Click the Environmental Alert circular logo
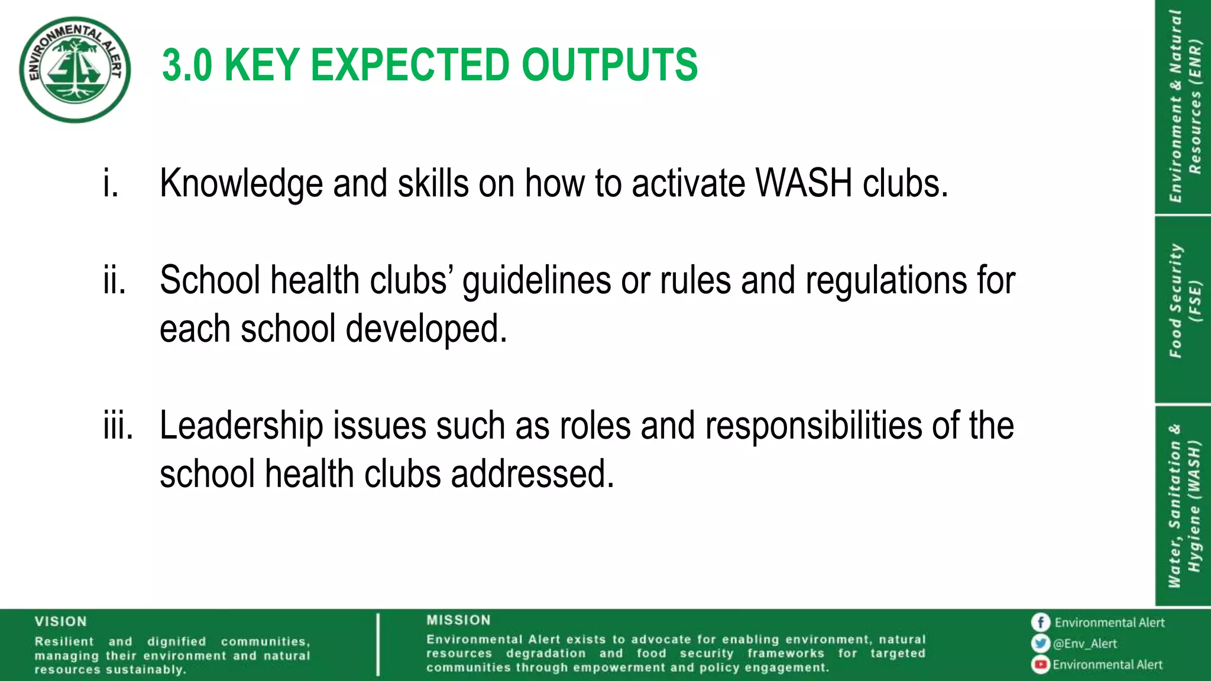click(75, 69)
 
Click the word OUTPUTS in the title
click(609, 65)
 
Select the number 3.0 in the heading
click(187, 65)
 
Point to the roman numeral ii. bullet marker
click(114, 280)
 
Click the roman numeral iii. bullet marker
click(118, 426)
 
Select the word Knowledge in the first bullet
click(241, 183)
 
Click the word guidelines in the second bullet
click(536, 280)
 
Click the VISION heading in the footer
click(60, 621)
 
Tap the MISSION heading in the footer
click(458, 620)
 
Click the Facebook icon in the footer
click(1040, 622)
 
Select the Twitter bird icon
click(1040, 643)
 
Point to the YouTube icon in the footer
click(1040, 664)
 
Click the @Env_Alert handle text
click(1085, 644)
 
